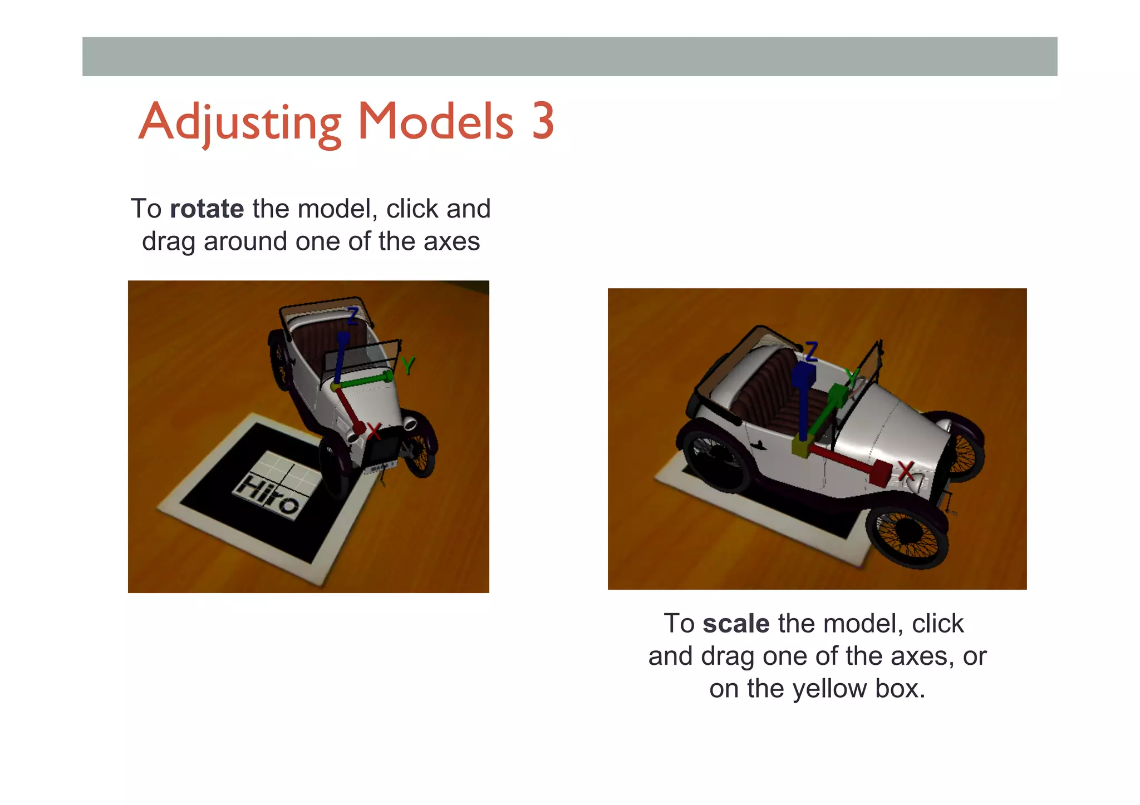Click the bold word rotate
pos(207,209)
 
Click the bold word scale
pos(735,624)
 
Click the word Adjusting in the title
pos(239,122)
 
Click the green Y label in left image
pos(408,366)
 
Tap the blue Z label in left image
pos(352,316)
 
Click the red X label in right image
pos(906,471)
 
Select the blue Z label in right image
pos(811,352)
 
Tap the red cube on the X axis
pos(879,473)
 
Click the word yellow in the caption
pos(829,689)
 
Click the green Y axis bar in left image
pos(362,381)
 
